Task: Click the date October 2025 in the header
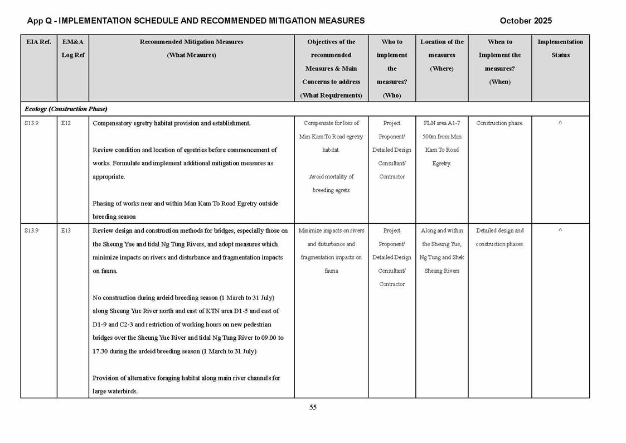525,21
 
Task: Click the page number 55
313,407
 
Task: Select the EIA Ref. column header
38,42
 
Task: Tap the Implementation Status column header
560,49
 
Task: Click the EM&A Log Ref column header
72,49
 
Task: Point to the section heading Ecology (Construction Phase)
66,109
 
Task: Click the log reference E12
66,123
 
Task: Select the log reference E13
66,230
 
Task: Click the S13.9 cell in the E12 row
32,123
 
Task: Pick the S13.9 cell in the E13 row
32,230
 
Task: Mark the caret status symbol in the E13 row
560,230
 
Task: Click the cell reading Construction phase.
499,123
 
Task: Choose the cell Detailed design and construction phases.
499,237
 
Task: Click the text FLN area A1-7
441,123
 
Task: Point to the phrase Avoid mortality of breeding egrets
331,184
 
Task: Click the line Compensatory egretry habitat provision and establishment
172,123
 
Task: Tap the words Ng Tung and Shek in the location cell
441,257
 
